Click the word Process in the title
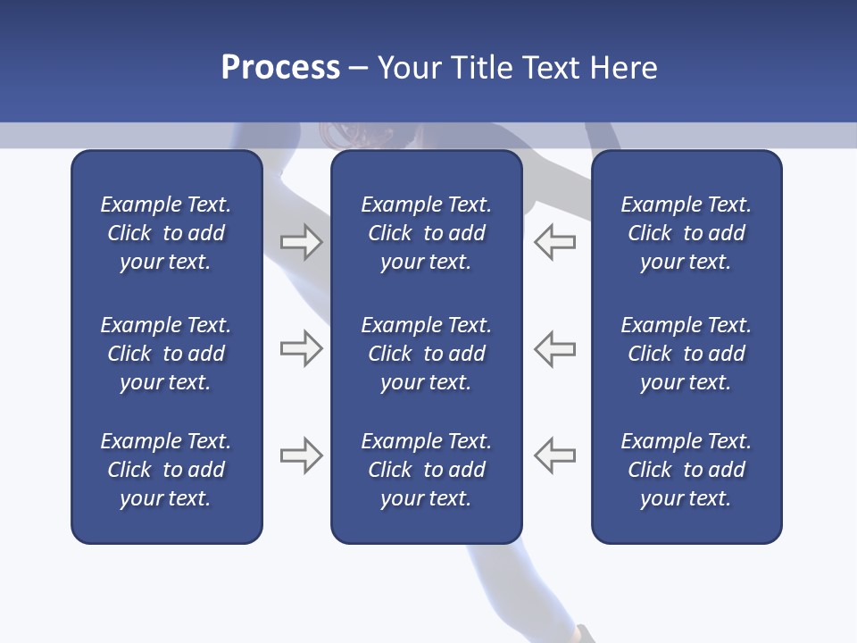point(280,68)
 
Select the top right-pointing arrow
point(301,242)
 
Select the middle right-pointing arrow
point(301,348)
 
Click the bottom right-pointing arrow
point(301,455)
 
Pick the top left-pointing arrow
point(554,242)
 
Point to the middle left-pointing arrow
point(554,348)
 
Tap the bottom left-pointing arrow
point(554,455)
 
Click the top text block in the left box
point(166,233)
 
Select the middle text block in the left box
point(166,354)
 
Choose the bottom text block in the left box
point(166,470)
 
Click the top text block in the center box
point(426,233)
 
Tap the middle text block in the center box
point(426,354)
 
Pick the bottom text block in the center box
point(426,470)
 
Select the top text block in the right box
point(686,233)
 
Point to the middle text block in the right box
point(686,354)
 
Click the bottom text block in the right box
point(686,470)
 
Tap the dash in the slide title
point(359,69)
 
